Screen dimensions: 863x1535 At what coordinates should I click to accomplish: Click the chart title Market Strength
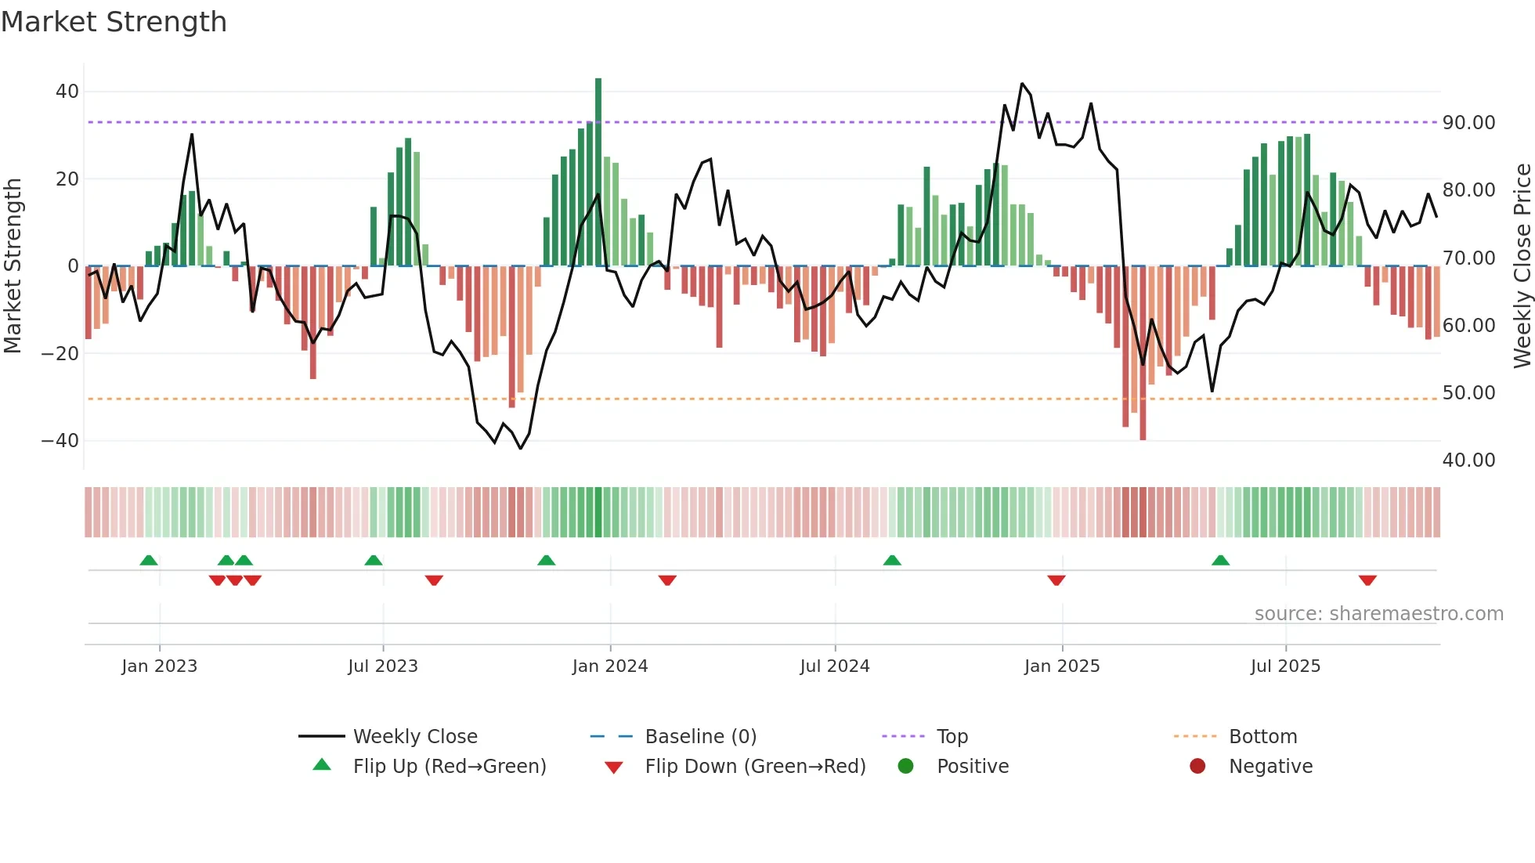(114, 22)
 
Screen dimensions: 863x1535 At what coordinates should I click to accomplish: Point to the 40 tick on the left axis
(67, 92)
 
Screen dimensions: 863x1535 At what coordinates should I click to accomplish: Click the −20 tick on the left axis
(60, 353)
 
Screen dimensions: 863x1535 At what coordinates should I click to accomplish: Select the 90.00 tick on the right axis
(1468, 123)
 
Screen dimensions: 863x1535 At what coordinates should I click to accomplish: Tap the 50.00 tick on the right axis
(1468, 393)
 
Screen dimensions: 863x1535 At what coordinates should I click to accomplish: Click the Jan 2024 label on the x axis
(609, 666)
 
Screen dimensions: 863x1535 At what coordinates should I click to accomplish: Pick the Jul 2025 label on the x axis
(1285, 666)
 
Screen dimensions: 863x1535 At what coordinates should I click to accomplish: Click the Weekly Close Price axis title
(1522, 266)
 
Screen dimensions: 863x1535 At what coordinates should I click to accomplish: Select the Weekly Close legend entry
(414, 737)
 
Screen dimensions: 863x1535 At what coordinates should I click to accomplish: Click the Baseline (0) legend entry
(700, 737)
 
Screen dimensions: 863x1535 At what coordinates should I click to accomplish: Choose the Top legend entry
(952, 737)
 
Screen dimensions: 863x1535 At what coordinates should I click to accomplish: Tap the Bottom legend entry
(1262, 737)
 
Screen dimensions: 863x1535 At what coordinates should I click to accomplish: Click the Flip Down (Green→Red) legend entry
(754, 767)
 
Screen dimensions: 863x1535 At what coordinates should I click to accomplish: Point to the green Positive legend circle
(905, 766)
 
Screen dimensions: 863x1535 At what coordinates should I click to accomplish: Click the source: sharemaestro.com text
(1378, 614)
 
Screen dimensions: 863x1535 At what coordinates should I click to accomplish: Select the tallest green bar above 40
(598, 172)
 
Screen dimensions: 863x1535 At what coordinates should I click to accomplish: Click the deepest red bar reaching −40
(1143, 352)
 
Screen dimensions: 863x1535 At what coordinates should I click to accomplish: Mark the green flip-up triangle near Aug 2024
(892, 560)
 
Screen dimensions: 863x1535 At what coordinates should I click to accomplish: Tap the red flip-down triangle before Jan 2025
(1056, 580)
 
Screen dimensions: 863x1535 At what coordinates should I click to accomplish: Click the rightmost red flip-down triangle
(1367, 580)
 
